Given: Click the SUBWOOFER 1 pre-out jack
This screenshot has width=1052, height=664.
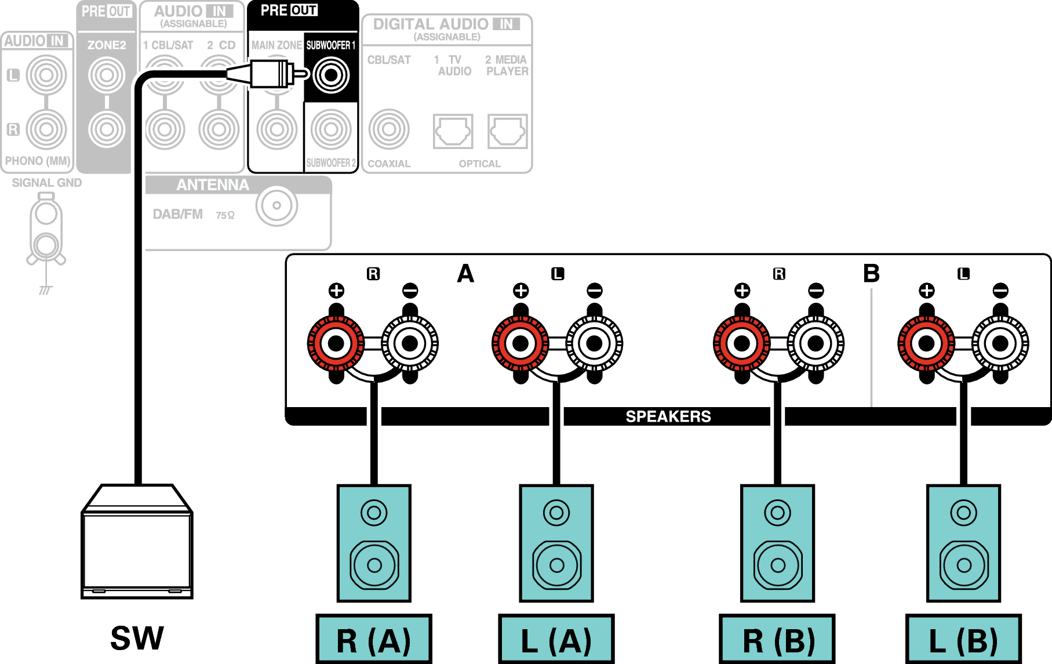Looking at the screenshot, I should [331, 75].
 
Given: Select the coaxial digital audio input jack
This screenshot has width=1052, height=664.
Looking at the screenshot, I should [389, 129].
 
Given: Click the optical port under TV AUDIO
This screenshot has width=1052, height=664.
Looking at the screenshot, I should [453, 131].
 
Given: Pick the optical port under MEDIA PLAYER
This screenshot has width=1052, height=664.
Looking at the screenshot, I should [508, 131].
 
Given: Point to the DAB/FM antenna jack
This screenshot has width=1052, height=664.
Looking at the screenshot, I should [276, 206].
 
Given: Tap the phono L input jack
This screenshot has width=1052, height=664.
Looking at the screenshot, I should [46, 75].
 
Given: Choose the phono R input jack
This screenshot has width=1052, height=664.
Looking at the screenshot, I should [46, 129].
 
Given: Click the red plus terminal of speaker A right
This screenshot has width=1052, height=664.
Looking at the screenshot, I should [336, 343].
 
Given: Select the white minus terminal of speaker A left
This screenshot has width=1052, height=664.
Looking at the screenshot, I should [594, 343].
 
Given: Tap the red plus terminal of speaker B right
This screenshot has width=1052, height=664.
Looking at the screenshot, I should [742, 343].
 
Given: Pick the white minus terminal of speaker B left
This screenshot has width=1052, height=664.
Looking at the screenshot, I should [1000, 343].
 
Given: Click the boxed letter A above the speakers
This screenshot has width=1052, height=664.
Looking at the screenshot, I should [465, 274].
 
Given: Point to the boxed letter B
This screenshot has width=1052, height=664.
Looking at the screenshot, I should [871, 274].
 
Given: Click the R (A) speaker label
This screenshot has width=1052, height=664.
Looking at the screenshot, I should [374, 640].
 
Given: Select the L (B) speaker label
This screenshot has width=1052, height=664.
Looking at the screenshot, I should [963, 640].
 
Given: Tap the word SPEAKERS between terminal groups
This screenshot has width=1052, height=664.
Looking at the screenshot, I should [668, 416].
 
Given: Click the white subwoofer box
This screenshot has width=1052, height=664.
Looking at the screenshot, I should [137, 545].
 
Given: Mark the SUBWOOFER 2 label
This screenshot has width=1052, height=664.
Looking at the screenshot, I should [331, 163].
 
